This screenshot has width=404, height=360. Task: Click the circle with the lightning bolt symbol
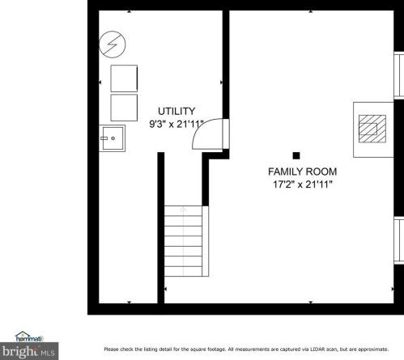[x=111, y=44]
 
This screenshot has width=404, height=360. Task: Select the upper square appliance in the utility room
[x=124, y=78]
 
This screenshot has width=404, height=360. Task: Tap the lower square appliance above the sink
[x=124, y=107]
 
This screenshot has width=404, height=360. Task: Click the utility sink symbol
[x=113, y=138]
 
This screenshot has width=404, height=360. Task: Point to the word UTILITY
[x=176, y=112]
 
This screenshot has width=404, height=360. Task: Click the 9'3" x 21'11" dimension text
[x=175, y=125]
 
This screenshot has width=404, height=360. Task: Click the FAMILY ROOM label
[x=302, y=172]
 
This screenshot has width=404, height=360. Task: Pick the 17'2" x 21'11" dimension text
[x=303, y=184]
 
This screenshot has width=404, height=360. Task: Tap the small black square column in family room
[x=296, y=155]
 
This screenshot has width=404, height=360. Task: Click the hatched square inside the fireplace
[x=372, y=127]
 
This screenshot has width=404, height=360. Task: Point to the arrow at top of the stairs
[x=184, y=210]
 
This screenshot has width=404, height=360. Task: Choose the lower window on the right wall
[x=398, y=239]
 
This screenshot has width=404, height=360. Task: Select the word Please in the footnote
[x=111, y=348]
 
